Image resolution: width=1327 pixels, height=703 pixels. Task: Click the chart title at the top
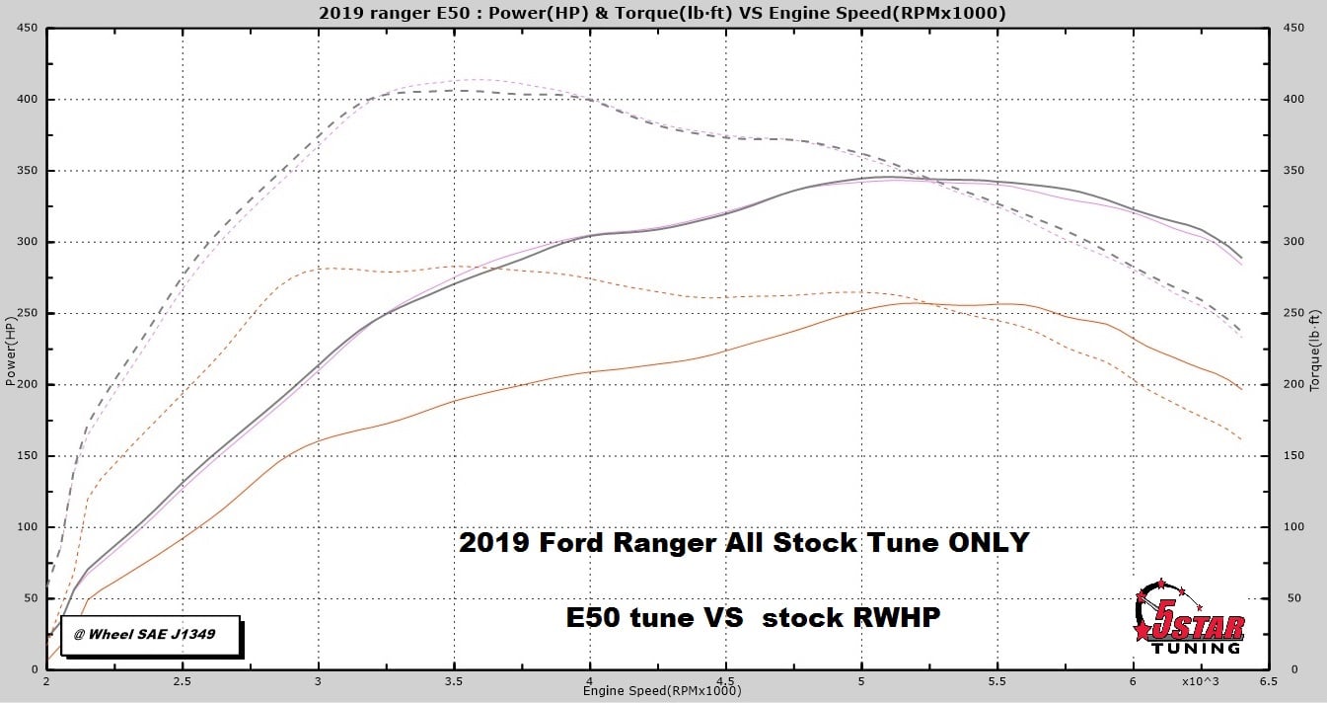(x=663, y=13)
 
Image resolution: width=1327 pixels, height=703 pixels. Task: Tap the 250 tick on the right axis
(x=1292, y=314)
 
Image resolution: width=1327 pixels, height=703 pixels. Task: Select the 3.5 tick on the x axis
(x=454, y=682)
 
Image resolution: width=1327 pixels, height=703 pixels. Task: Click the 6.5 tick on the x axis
(x=1268, y=682)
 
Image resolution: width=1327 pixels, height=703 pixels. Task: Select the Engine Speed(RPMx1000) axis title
(x=661, y=691)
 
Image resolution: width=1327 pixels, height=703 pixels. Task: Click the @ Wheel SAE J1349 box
(x=151, y=634)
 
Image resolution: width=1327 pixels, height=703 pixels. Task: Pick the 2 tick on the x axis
(x=46, y=682)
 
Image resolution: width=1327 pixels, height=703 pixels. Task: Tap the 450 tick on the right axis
(x=1292, y=29)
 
